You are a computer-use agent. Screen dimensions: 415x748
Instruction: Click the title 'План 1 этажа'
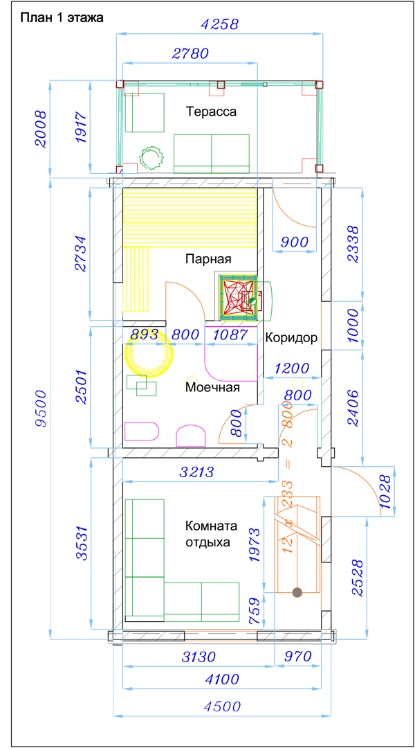click(x=59, y=19)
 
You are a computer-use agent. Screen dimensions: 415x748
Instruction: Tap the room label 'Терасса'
click(x=212, y=112)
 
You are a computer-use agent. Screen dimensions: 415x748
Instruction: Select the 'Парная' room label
click(x=208, y=260)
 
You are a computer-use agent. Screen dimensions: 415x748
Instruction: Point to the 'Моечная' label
click(x=212, y=387)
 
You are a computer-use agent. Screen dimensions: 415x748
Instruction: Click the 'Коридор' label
click(x=291, y=339)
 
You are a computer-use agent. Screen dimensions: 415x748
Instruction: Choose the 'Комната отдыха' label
click(x=210, y=534)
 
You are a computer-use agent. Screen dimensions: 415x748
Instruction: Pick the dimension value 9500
click(x=41, y=409)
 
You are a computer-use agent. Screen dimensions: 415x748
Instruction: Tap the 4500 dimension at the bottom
click(x=222, y=706)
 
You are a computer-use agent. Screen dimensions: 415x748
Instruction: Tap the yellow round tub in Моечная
click(x=149, y=353)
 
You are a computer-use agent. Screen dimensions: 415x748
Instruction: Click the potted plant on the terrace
click(x=152, y=156)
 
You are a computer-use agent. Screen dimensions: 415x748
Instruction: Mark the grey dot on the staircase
click(x=297, y=592)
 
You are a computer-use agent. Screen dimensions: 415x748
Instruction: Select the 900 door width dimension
click(x=295, y=242)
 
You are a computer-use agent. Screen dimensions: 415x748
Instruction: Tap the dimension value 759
click(x=255, y=611)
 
